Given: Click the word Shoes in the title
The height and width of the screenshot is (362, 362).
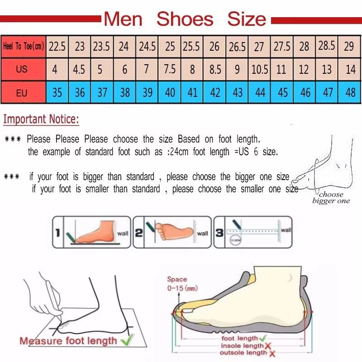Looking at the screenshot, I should (x=185, y=19).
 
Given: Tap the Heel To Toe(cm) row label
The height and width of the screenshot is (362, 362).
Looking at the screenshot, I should (x=24, y=46).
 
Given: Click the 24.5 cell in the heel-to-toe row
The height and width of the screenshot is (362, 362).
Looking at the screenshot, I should (x=147, y=46).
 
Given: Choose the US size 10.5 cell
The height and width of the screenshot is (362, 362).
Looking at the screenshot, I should (x=260, y=70).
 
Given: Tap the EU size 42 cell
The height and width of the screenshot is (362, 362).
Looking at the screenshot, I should (x=215, y=93).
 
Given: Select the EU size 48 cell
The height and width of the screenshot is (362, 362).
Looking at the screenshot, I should (x=350, y=93).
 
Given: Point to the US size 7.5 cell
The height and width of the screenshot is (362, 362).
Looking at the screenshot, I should (x=170, y=70).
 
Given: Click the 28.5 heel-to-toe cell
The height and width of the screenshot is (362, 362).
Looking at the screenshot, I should (x=327, y=46).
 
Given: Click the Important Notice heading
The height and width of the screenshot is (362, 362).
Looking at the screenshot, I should (x=41, y=119).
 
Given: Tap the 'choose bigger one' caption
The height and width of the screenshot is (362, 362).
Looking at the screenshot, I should (x=331, y=198).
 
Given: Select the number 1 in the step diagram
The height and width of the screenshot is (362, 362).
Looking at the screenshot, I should (x=58, y=233).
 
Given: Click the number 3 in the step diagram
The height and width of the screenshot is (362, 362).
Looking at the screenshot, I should (x=219, y=233).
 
